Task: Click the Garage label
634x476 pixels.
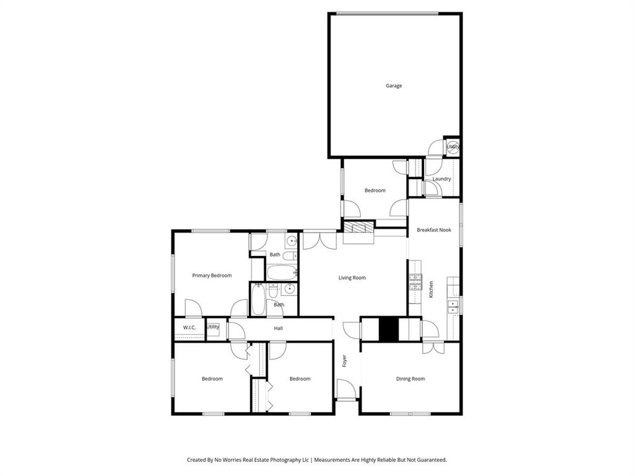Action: pos(394,86)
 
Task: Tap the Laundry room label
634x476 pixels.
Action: pos(441,179)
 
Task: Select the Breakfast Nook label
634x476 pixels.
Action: pos(434,230)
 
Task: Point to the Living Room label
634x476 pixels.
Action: pos(352,278)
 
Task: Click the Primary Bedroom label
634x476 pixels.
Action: pos(212,275)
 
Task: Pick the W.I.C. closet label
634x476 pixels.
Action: pos(189,327)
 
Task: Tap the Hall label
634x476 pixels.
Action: pos(279,328)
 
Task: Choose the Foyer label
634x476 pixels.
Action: pos(345,360)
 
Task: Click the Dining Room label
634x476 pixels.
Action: pos(410,379)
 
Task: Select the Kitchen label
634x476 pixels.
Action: pos(432,289)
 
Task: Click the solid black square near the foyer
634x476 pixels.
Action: pos(388,329)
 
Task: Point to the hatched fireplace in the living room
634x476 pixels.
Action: pos(359,227)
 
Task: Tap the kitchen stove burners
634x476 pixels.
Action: pos(415,284)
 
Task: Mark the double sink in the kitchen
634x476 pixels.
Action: pos(454,304)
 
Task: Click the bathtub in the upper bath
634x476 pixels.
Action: pos(282,272)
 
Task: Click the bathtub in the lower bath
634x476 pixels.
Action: pos(258,301)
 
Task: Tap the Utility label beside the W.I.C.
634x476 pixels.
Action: pos(213,327)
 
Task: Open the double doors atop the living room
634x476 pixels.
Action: pos(319,240)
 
